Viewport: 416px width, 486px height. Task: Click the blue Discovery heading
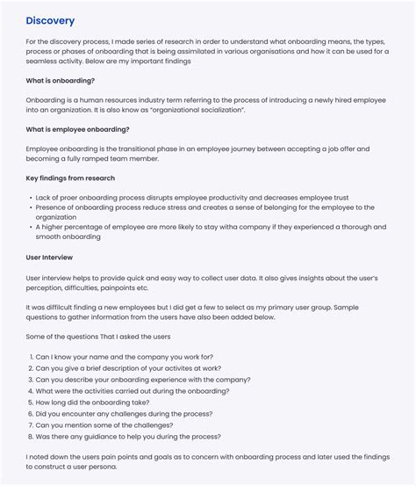pyautogui.click(x=50, y=21)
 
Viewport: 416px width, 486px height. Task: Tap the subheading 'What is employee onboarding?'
pyautogui.click(x=77, y=129)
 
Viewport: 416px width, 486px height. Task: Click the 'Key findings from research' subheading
pyautogui.click(x=70, y=178)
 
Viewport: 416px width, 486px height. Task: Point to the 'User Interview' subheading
pyautogui.click(x=49, y=258)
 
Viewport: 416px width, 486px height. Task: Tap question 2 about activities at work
pyautogui.click(x=127, y=368)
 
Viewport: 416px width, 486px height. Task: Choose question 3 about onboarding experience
pyautogui.click(x=142, y=380)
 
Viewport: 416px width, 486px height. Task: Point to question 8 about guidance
pyautogui.click(x=127, y=437)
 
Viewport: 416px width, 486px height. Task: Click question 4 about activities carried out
pyautogui.click(x=132, y=391)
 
